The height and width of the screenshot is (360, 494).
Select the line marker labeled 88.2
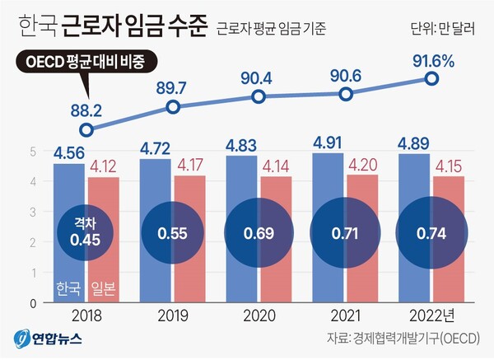87,129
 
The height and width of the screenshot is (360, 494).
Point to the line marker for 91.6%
431,78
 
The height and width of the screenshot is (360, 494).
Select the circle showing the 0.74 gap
431,233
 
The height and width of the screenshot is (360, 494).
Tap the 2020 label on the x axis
259,314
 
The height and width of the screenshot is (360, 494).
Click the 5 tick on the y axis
34,152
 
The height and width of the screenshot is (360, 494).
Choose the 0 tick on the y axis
34,302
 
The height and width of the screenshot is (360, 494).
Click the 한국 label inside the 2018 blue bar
68,288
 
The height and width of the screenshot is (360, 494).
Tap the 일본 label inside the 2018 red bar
104,288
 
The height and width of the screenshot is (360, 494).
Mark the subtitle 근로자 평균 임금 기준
272,30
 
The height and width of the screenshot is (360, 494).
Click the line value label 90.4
259,76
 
